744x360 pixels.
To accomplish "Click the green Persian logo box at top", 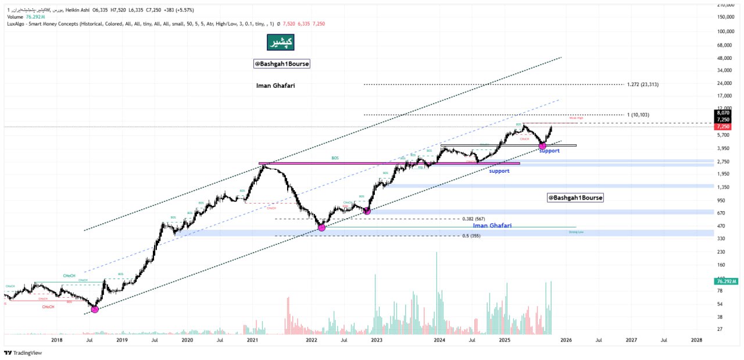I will pyautogui.click(x=280, y=42).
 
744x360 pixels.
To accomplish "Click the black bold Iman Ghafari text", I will pyautogui.click(x=276, y=85).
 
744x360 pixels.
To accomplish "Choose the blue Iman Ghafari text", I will pyautogui.click(x=492, y=225).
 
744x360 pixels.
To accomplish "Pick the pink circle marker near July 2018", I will pyautogui.click(x=95, y=309).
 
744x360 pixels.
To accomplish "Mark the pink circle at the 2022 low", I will pyautogui.click(x=321, y=227).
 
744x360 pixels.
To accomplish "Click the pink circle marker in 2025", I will pyautogui.click(x=542, y=145).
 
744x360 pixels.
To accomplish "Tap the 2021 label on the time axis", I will pyautogui.click(x=253, y=340).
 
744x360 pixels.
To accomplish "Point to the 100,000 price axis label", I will pyautogui.click(x=724, y=31).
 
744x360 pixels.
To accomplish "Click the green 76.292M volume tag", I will pyautogui.click(x=724, y=281).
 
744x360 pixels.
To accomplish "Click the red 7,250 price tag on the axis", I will pyautogui.click(x=724, y=126).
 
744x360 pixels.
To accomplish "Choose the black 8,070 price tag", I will pyautogui.click(x=724, y=113).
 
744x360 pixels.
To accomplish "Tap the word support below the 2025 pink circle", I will pyautogui.click(x=549, y=151).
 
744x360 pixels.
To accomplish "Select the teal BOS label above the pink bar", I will pyautogui.click(x=335, y=158).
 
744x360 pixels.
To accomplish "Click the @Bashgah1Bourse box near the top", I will pyautogui.click(x=282, y=64).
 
